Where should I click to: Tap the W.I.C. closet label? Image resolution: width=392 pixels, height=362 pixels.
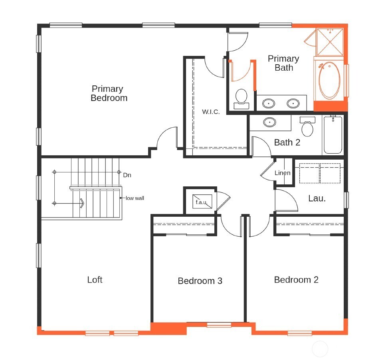210,112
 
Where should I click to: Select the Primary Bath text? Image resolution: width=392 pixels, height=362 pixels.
283,63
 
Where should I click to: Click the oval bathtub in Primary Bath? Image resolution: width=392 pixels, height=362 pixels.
329,80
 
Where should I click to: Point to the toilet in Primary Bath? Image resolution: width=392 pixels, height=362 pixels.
241,98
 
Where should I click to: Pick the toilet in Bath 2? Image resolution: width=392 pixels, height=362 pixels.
307,127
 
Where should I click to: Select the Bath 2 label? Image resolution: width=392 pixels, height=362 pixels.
287,142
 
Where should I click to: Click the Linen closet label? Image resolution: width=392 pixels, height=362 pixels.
282,173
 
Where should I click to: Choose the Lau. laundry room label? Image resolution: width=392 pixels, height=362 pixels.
317,198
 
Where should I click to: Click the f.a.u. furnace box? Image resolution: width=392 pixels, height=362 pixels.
201,202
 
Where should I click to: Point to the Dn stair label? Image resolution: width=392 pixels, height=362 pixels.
127,175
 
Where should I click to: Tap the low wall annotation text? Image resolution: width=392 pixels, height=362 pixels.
135,198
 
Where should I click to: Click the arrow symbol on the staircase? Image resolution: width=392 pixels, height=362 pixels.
82,204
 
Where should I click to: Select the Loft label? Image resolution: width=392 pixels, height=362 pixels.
95,280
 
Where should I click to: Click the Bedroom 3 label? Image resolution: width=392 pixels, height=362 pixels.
200,281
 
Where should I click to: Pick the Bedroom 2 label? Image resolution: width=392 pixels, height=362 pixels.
296,280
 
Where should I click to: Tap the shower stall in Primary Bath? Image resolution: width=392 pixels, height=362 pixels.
330,42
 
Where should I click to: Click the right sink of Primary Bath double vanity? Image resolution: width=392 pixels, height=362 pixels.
293,103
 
